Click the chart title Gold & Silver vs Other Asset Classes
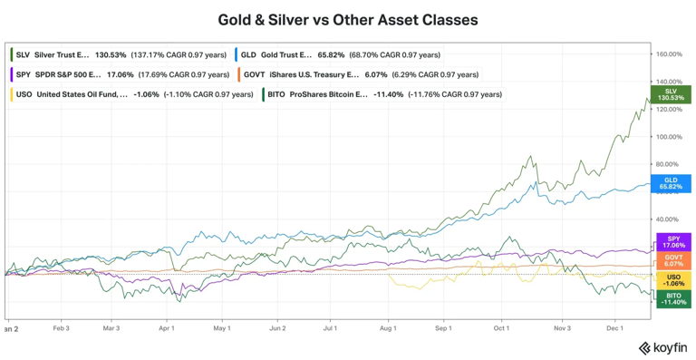(348, 19)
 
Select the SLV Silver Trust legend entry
(118, 54)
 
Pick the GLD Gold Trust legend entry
(341, 54)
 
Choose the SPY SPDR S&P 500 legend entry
(118, 74)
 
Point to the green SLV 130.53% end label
(671, 94)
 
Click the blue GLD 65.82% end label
(671, 183)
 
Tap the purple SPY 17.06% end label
(672, 242)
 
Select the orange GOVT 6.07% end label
(672, 260)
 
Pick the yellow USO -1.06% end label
(672, 280)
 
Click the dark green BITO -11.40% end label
(672, 298)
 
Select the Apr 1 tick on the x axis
(166, 327)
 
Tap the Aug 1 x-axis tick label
(387, 327)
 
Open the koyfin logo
(662, 347)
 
